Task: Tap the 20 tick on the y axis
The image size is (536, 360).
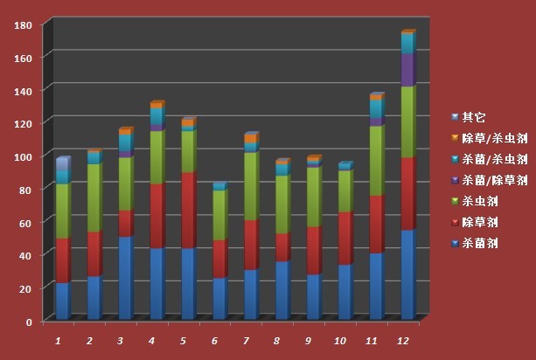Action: (26, 288)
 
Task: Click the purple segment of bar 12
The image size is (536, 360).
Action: (407, 70)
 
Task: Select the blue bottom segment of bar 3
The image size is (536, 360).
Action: (125, 277)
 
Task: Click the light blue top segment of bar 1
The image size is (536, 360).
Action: (62, 170)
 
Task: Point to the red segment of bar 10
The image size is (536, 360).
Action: (345, 238)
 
